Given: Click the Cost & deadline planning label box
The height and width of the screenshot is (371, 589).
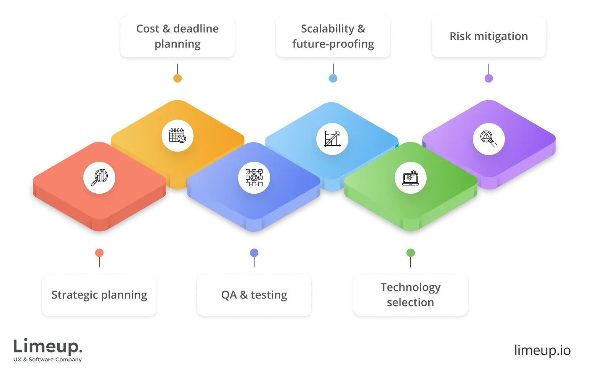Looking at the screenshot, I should (177, 37).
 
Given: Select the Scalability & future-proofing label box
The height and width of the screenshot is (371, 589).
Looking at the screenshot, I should (333, 37).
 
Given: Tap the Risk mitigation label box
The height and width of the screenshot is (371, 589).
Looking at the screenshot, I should (488, 37).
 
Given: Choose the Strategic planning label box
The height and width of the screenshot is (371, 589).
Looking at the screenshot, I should (99, 295).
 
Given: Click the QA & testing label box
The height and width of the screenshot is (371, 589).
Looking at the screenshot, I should (254, 295).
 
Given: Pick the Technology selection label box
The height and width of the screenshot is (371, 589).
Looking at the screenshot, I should (410, 295).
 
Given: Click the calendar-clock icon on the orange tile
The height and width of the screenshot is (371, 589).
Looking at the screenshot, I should (178, 136).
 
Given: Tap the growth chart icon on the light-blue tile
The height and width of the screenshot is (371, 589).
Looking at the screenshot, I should (332, 139).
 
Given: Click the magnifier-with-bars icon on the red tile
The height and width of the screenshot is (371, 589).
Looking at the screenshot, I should (99, 177).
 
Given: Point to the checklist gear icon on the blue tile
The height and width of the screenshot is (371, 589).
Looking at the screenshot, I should (254, 177).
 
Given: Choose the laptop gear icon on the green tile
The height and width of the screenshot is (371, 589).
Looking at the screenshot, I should (410, 177).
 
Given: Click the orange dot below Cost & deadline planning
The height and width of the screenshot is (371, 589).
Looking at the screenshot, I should (178, 78).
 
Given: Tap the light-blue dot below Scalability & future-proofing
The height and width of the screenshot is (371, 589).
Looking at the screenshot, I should (333, 78).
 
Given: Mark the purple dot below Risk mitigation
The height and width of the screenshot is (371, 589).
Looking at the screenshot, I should (489, 78).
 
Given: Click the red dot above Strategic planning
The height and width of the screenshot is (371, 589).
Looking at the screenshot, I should (99, 253).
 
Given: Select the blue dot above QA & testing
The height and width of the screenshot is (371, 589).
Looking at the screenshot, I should (254, 253).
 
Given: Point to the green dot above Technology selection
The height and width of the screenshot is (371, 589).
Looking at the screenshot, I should (411, 253).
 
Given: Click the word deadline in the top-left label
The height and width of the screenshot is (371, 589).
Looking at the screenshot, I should (196, 29).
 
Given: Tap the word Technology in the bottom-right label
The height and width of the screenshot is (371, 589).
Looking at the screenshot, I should (410, 287).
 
